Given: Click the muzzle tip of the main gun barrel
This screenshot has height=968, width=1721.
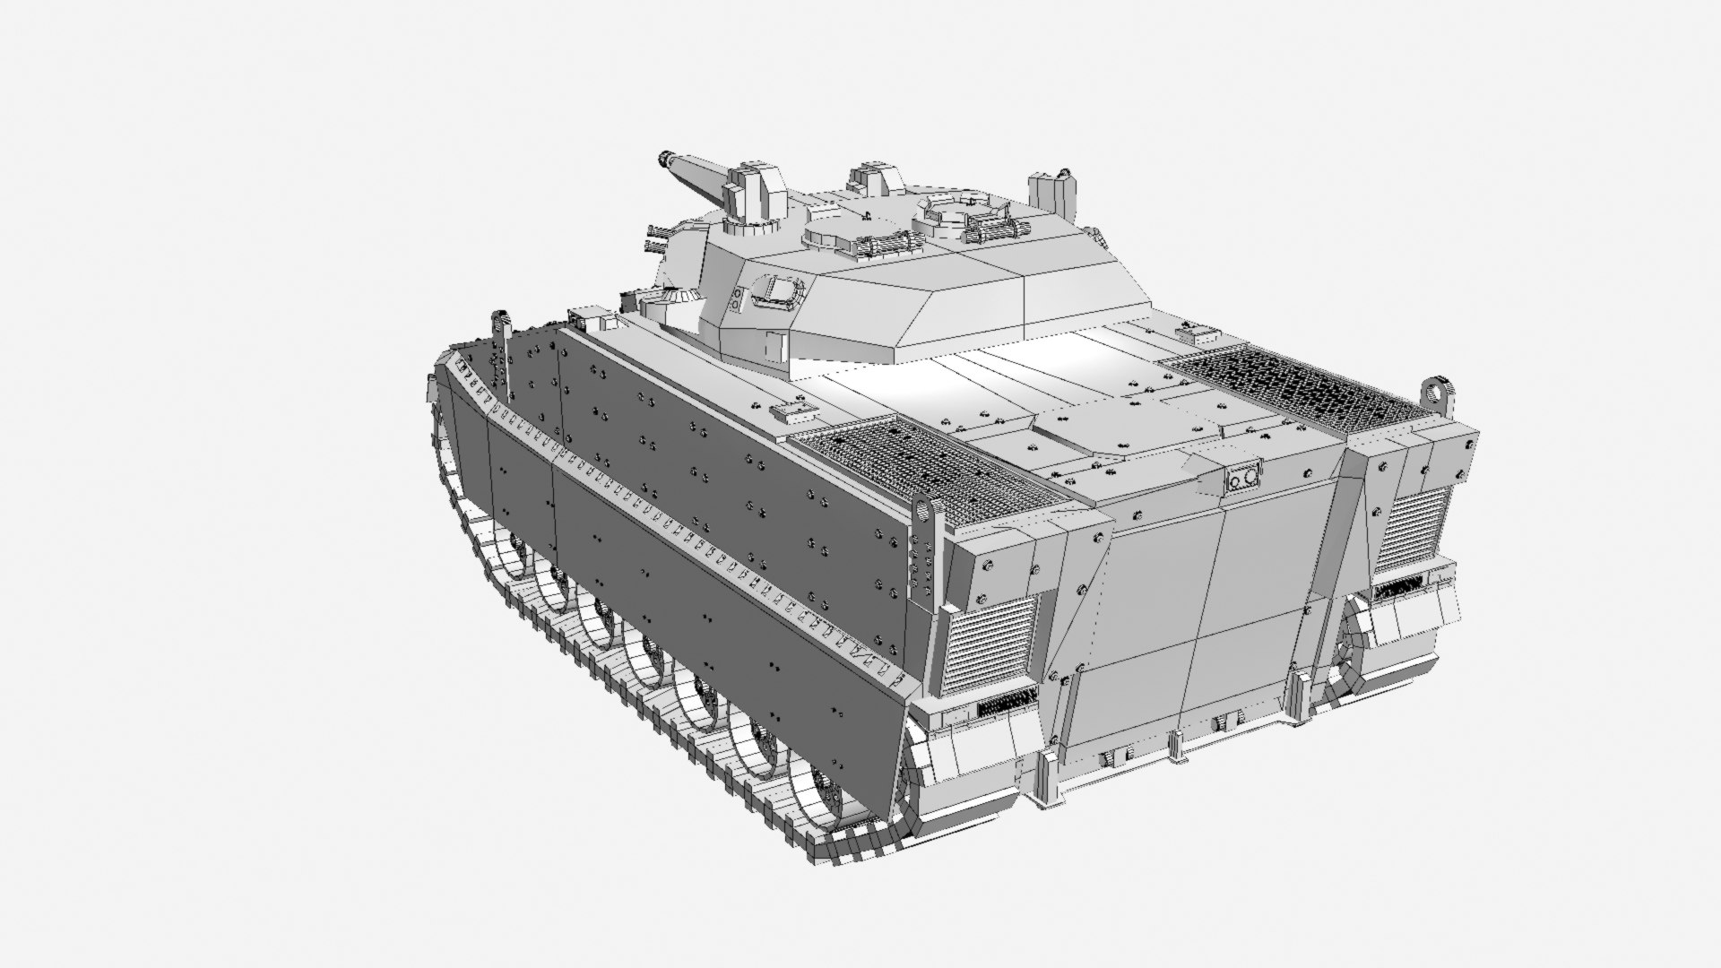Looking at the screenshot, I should click(664, 159).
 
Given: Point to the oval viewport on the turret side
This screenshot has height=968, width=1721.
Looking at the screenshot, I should click(779, 292).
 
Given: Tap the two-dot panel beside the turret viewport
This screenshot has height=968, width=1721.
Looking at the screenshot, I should click(737, 301).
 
